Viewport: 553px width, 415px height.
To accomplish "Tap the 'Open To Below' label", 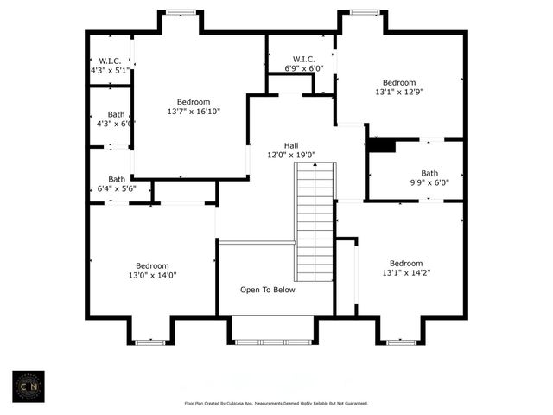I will click(x=267, y=290).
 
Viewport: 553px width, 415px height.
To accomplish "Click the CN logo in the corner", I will click(x=28, y=386).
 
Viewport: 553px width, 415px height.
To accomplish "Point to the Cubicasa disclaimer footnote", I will click(x=276, y=403).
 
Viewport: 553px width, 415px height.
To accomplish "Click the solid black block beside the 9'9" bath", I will click(x=381, y=146).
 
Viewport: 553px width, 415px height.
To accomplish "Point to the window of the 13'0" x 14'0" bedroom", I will click(x=150, y=342).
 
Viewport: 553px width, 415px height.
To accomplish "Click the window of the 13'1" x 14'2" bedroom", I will click(x=400, y=342).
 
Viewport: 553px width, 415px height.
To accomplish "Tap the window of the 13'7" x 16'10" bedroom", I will click(x=179, y=12).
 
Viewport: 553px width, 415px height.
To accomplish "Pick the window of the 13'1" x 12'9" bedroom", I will click(x=363, y=12).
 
